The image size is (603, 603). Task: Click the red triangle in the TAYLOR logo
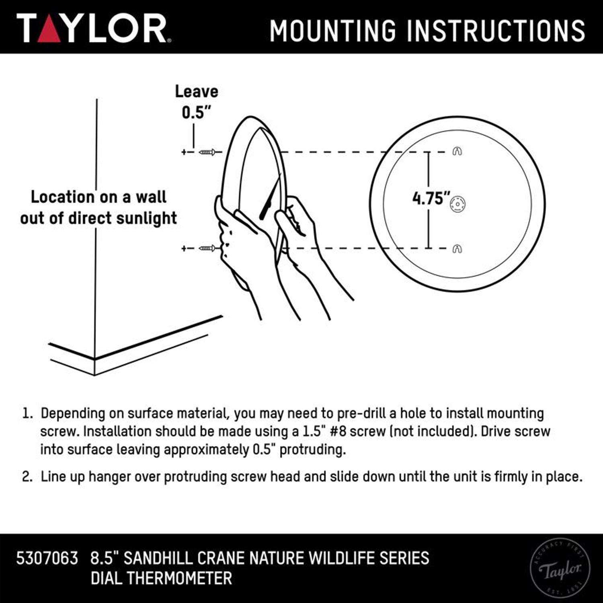[49, 30]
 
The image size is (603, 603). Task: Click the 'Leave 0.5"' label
[197, 102]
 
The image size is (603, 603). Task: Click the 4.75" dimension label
[431, 198]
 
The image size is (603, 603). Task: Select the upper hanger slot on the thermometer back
[457, 151]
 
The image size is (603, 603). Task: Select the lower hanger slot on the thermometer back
[457, 249]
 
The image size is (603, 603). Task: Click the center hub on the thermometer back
[457, 204]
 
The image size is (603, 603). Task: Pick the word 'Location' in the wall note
[62, 197]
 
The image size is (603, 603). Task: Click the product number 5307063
[47, 558]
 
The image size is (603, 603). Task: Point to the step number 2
[27, 477]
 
